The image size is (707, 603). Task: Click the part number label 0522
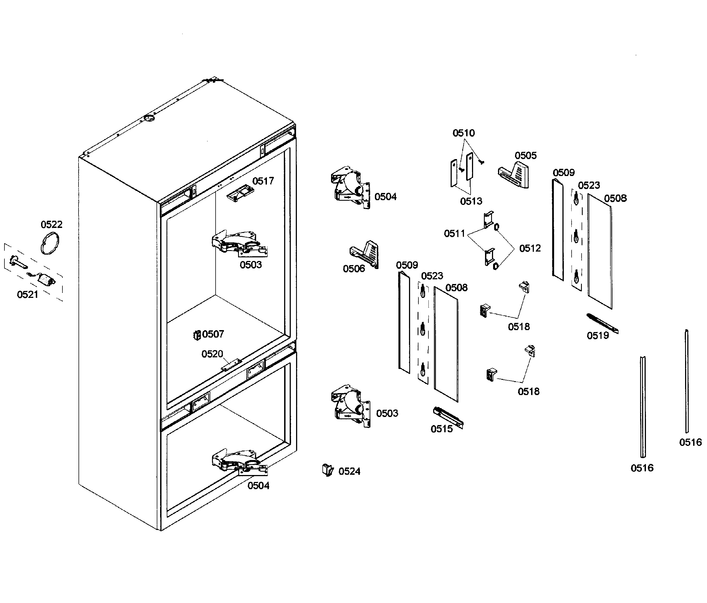(52, 224)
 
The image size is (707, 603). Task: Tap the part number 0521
(28, 294)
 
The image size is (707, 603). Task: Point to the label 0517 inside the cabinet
(263, 181)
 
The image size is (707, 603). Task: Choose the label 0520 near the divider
(212, 354)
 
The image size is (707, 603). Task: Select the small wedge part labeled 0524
(328, 470)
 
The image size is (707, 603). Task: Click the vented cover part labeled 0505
(514, 175)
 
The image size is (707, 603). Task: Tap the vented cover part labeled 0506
(365, 254)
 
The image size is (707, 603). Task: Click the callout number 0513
(471, 201)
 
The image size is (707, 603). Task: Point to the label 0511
(454, 233)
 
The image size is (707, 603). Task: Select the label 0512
(530, 248)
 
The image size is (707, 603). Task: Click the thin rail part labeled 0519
(602, 323)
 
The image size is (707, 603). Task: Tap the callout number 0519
(597, 336)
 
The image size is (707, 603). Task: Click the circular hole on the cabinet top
(149, 118)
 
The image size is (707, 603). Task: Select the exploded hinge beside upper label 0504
(351, 188)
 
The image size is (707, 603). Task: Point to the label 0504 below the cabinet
(258, 486)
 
